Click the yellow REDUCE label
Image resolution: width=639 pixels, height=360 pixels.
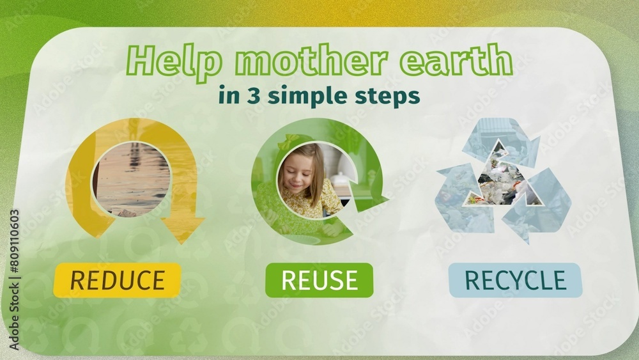click(x=117, y=280)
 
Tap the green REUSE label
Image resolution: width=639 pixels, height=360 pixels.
click(x=319, y=280)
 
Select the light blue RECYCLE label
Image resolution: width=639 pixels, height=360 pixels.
click(x=515, y=280)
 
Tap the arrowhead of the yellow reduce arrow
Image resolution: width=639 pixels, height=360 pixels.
click(x=183, y=229)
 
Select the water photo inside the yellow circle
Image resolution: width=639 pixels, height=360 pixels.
click(x=132, y=179)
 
